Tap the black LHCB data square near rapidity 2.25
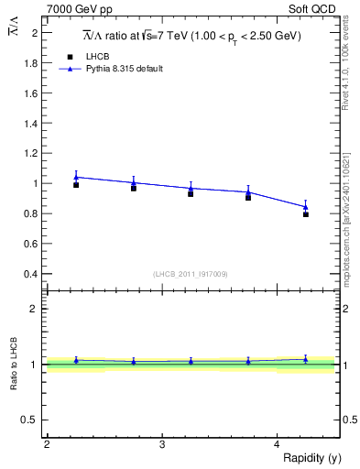tap(76, 185)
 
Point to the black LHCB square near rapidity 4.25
tap(306, 214)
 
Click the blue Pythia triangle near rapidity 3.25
tap(191, 188)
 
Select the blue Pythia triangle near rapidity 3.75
tap(248, 192)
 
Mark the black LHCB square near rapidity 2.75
tap(134, 188)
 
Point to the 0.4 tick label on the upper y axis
tap(31, 274)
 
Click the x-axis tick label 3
tap(162, 444)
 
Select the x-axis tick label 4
tap(277, 444)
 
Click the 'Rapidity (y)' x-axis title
tap(311, 458)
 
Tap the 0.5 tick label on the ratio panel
tap(31, 420)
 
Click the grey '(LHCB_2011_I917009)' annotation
tap(191, 274)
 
